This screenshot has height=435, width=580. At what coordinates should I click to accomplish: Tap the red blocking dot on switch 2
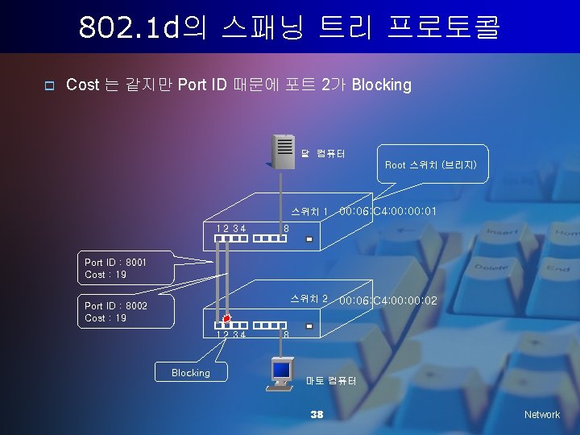pyautogui.click(x=227, y=319)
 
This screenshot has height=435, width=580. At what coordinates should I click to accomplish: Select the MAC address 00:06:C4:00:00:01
pyautogui.click(x=388, y=212)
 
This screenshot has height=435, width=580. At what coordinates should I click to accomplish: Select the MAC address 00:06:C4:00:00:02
pyautogui.click(x=388, y=300)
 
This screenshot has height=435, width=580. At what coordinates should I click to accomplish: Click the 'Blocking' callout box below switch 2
pyautogui.click(x=191, y=373)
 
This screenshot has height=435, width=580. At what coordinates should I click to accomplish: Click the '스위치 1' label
pyautogui.click(x=309, y=212)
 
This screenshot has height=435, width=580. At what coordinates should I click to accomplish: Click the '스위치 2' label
pyautogui.click(x=309, y=299)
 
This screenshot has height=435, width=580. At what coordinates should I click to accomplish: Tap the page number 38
pyautogui.click(x=317, y=414)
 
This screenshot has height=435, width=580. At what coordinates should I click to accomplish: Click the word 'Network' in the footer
pyautogui.click(x=541, y=414)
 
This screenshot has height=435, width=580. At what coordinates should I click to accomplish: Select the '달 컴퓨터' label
pyautogui.click(x=324, y=153)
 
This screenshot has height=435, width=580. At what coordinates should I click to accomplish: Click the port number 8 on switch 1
pyautogui.click(x=286, y=228)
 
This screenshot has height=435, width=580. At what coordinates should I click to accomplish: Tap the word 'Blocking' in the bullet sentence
pyautogui.click(x=382, y=85)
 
